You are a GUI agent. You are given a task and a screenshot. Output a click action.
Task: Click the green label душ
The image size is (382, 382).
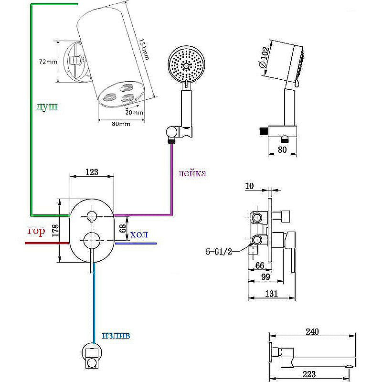coord(47,106)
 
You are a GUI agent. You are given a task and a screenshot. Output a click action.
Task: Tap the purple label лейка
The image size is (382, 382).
coord(192,173)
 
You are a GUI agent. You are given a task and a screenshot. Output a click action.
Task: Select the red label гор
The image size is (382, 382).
coord(36,232)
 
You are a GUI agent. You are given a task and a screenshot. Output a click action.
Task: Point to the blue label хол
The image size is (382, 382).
coord(139,234)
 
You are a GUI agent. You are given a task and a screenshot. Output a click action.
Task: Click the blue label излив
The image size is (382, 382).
coord(116,335)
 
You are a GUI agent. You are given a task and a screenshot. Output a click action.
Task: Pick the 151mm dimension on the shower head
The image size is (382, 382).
coord(143,48)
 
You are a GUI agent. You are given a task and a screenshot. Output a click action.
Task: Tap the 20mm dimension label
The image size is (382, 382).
coord(135,113)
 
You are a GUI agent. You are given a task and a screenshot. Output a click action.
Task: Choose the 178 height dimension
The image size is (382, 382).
coord(55,231)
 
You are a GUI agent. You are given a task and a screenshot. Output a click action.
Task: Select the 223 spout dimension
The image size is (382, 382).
coord(313,374)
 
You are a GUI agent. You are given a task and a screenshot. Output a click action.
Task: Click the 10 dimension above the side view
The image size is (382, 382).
coord(249,186)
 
